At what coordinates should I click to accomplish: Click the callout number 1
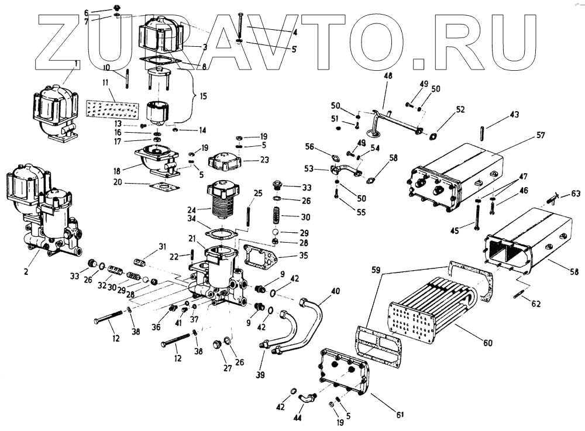77,63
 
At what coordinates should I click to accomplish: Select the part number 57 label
540,135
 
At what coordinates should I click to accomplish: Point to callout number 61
400,415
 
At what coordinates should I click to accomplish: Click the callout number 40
336,291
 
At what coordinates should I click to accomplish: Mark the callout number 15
203,95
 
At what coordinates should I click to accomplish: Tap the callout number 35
286,256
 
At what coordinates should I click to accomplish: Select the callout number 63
576,193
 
